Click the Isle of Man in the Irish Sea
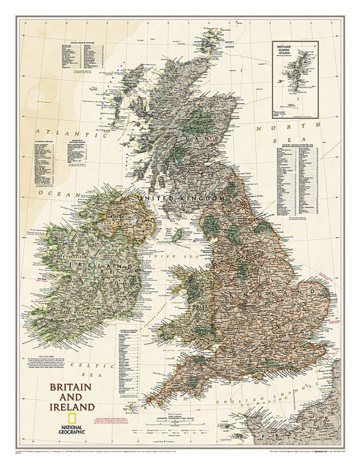[x=177, y=235]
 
